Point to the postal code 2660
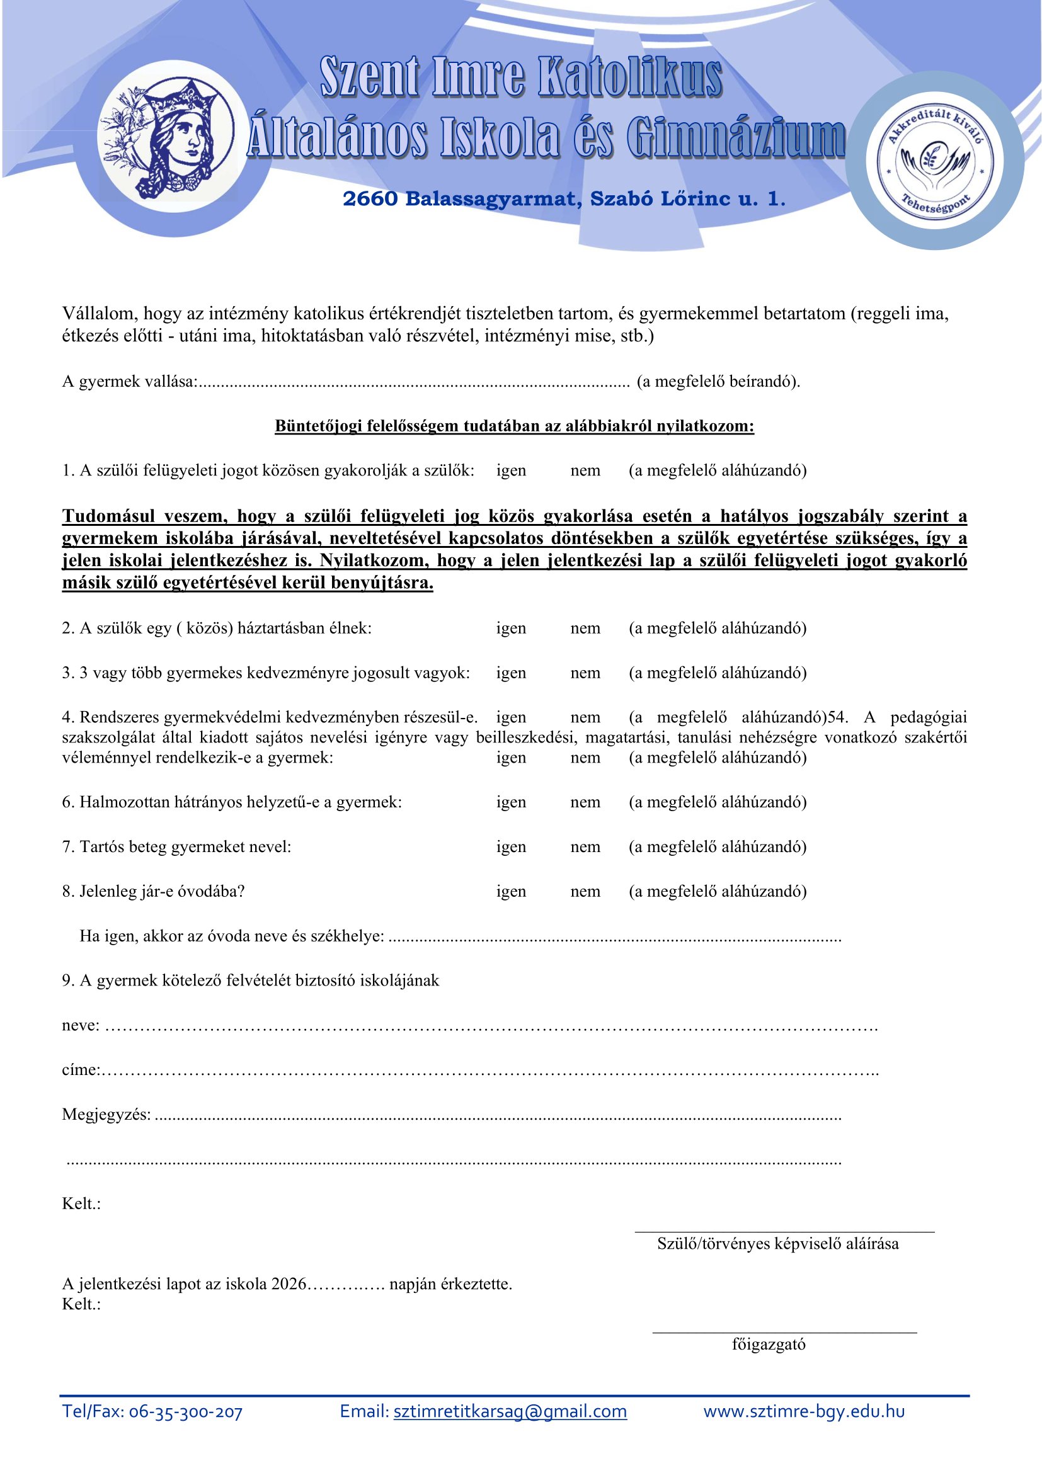(370, 199)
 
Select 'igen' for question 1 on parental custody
(511, 470)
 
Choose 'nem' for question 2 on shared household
(585, 628)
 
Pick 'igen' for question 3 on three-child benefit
(511, 673)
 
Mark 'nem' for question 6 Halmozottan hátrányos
(585, 802)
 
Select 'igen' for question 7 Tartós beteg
(511, 847)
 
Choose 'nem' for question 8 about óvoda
(585, 891)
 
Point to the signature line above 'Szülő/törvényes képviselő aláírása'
(784, 1231)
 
